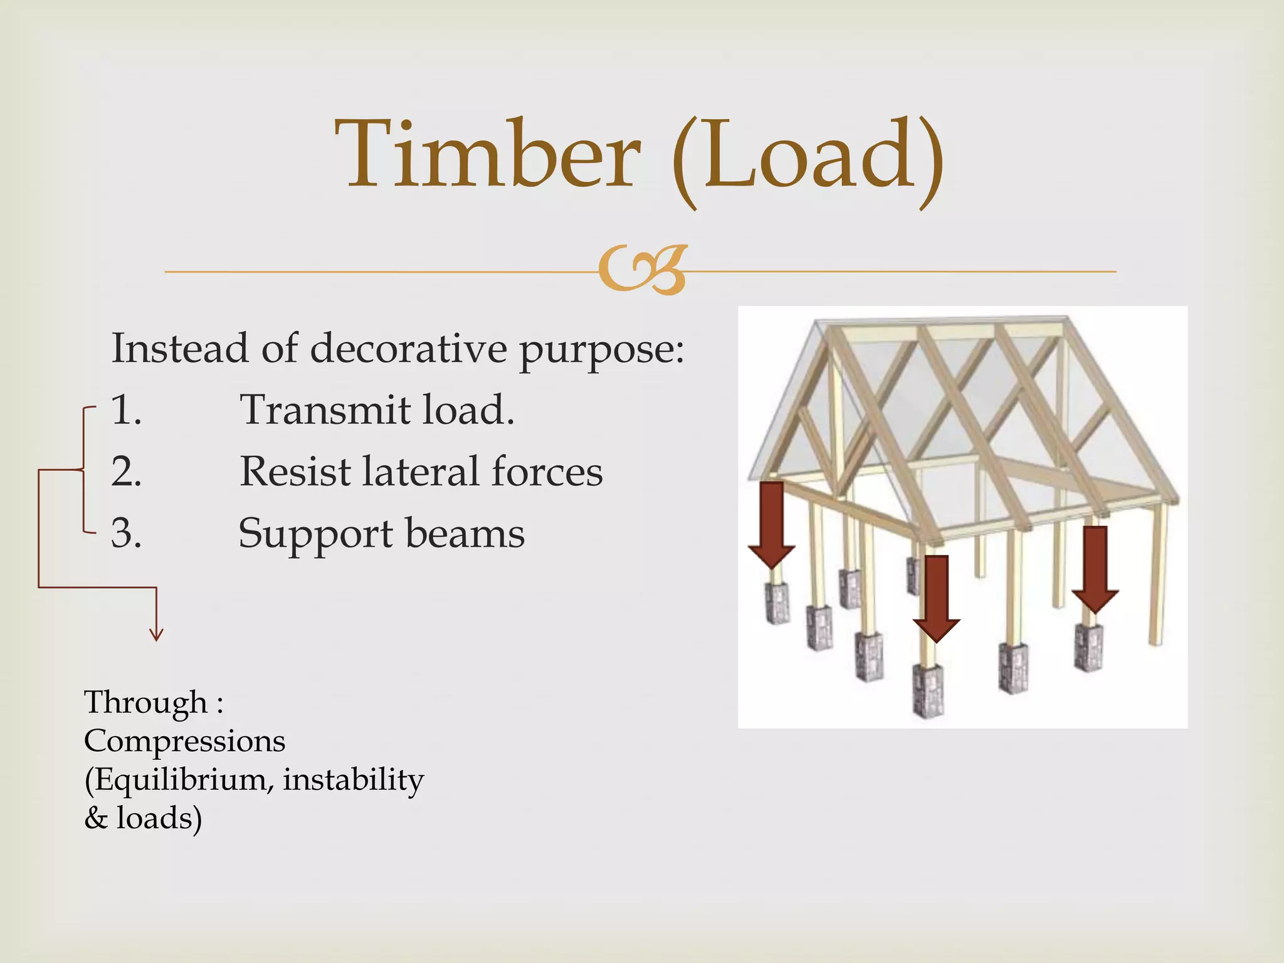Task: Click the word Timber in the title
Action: [x=488, y=155]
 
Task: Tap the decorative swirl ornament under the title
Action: [x=643, y=270]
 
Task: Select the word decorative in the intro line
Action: [x=408, y=348]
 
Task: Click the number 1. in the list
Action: [x=126, y=410]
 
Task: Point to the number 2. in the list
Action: [x=126, y=471]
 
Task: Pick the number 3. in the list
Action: [x=126, y=534]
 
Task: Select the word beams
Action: [x=465, y=534]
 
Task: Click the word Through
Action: [x=145, y=702]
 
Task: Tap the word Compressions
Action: [x=184, y=741]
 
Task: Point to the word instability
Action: [x=353, y=780]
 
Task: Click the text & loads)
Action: [x=143, y=818]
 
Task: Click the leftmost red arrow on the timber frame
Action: [x=772, y=524]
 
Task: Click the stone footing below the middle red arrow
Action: [x=929, y=690]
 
